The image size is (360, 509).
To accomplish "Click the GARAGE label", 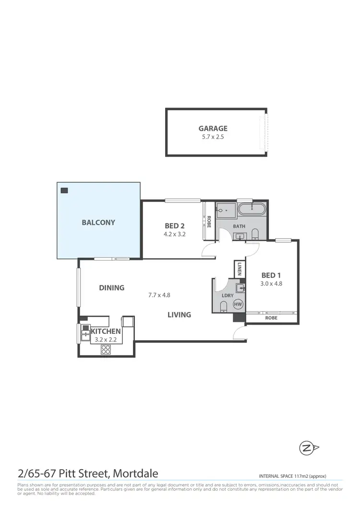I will click(213, 128).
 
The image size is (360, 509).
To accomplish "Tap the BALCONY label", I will click(98, 222).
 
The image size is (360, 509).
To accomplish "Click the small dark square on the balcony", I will click(64, 190).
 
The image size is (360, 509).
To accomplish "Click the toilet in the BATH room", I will click(255, 234).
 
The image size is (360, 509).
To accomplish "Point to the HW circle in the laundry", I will click(238, 304).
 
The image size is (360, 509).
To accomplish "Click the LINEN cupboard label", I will click(240, 268).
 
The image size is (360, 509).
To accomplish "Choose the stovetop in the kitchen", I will click(105, 349).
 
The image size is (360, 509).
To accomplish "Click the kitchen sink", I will click(84, 331).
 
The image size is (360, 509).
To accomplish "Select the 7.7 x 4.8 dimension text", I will click(159, 295).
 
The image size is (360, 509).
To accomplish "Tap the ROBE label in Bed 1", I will click(271, 318).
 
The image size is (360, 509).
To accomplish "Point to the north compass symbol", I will click(306, 449).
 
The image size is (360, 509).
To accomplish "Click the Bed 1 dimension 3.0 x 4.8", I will click(271, 283).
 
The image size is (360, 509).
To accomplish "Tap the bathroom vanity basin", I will click(240, 236).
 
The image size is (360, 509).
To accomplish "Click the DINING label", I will click(112, 288).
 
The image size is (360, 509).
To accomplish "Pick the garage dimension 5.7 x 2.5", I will click(213, 137).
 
